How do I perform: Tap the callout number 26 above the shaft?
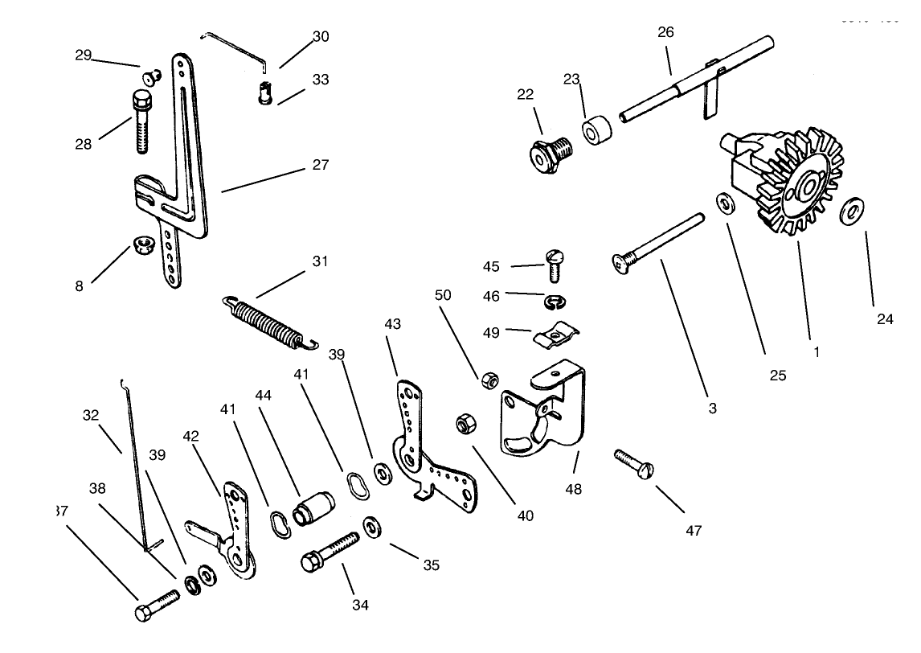[665, 32]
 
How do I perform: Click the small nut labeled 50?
[487, 381]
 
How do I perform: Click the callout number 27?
[321, 165]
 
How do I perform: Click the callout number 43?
[393, 323]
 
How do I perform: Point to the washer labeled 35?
[371, 527]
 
